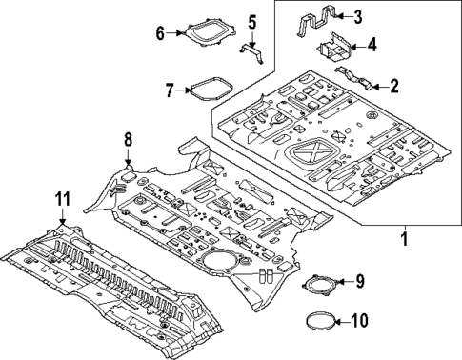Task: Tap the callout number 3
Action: [x=357, y=15]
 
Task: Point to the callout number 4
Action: [x=372, y=44]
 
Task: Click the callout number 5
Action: [x=252, y=21]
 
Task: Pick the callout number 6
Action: [x=161, y=33]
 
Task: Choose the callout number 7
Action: [x=170, y=91]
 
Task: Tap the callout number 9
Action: [x=360, y=281]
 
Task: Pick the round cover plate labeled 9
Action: [x=320, y=284]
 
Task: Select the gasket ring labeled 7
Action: [x=207, y=91]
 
